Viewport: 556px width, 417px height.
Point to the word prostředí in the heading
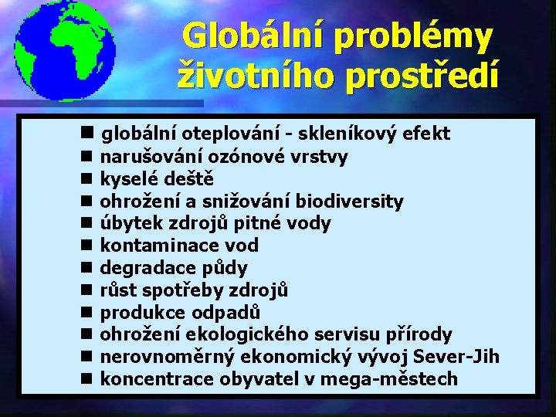coord(416,76)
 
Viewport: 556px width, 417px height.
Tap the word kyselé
coord(127,179)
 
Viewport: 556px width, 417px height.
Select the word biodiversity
coord(347,202)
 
